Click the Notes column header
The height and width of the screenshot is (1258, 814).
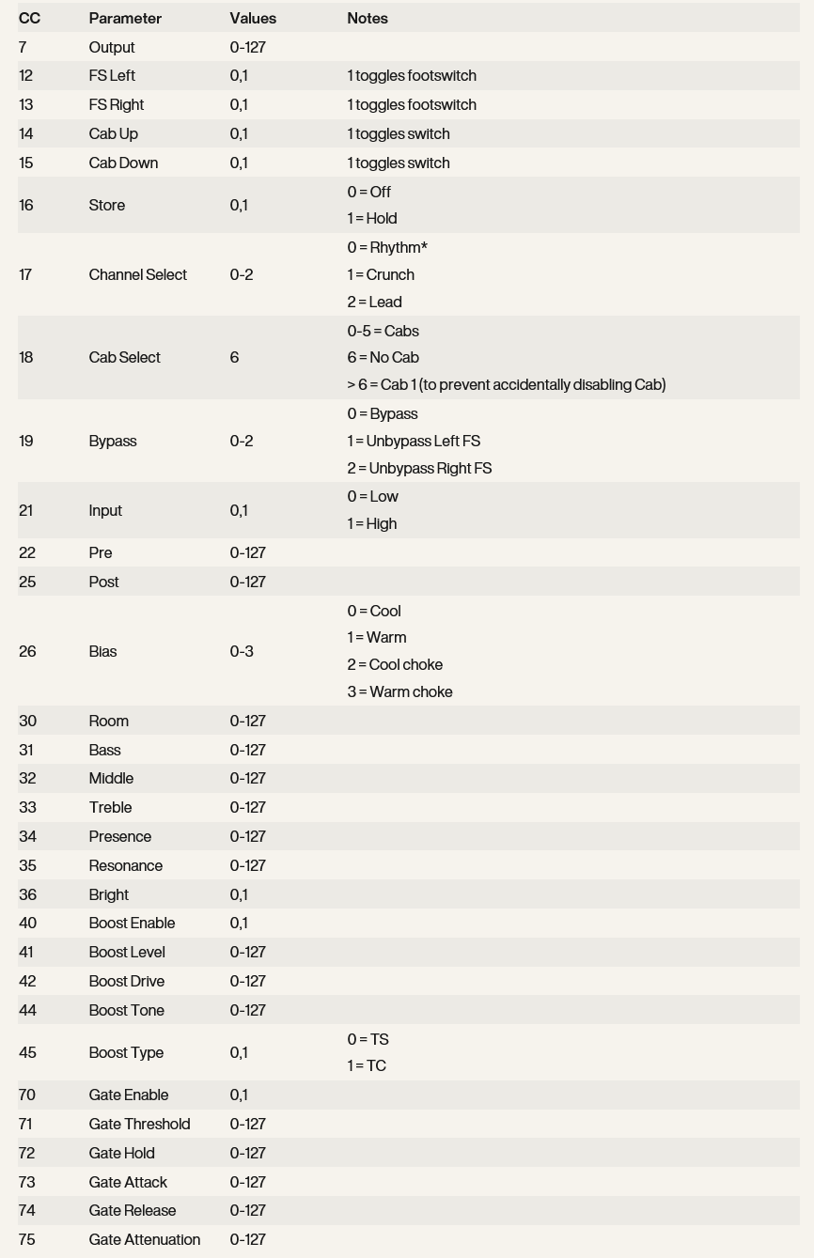[368, 18]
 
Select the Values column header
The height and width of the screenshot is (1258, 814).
[253, 18]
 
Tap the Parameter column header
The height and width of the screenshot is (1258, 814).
[125, 18]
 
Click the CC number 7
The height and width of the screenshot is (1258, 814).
[23, 47]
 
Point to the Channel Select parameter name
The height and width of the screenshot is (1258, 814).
[137, 274]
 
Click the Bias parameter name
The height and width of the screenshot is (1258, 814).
[102, 651]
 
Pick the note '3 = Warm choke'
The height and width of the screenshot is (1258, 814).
[399, 691]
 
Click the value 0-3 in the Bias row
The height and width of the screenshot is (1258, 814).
[242, 651]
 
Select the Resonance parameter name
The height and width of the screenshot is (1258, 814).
[125, 865]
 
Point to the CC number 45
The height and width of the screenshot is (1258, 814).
[27, 1052]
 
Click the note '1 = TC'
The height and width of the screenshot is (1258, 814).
[367, 1065]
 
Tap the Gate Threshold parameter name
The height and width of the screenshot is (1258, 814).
[139, 1124]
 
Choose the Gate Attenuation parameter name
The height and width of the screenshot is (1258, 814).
[144, 1239]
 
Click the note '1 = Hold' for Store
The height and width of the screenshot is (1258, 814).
[372, 218]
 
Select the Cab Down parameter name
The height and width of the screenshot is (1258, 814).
[123, 163]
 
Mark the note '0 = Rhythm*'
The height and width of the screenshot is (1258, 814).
[387, 247]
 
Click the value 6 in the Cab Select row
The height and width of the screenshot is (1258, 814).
[234, 357]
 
